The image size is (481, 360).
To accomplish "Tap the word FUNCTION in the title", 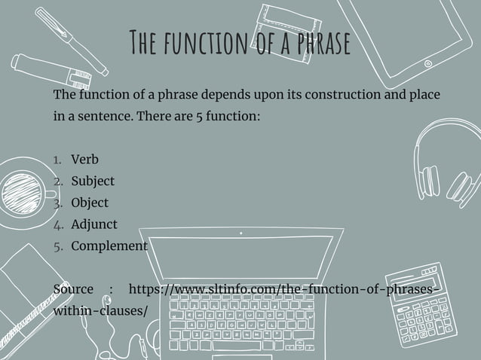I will (201, 44).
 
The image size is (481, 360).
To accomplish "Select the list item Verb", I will (84, 160).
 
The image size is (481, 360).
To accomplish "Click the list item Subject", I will (93, 182).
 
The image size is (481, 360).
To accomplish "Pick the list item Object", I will (90, 203).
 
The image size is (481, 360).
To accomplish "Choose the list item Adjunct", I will (94, 224).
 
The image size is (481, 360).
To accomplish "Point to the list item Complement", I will (109, 246).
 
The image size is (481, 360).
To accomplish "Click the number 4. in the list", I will (58, 224).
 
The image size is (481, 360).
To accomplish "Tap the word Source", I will (74, 289).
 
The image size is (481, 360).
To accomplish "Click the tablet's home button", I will (427, 64).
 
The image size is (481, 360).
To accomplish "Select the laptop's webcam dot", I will (240, 233).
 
